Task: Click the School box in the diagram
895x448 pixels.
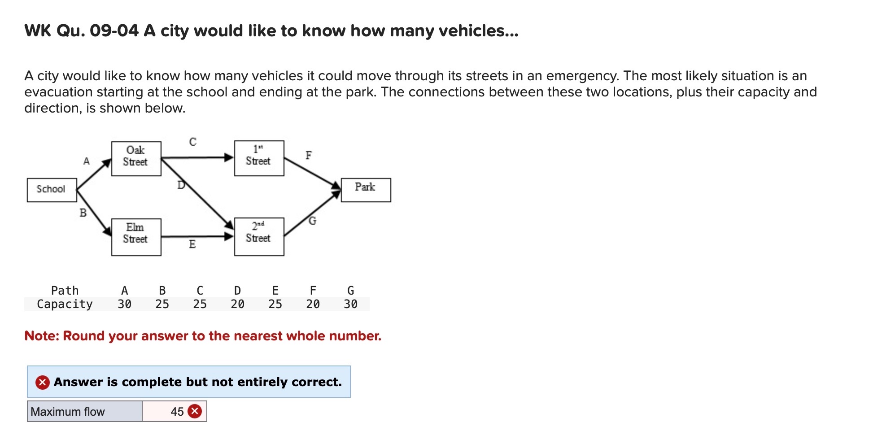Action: [x=52, y=190]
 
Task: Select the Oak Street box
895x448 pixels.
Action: [x=136, y=158]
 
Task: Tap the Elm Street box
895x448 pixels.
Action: [x=136, y=237]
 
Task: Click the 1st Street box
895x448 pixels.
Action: [x=259, y=158]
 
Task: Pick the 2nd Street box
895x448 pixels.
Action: [x=259, y=236]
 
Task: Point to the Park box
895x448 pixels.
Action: [x=366, y=190]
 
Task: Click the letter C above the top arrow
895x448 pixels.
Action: [x=193, y=142]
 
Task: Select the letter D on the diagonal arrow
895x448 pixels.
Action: [x=181, y=185]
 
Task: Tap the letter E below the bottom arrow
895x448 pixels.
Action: [x=192, y=244]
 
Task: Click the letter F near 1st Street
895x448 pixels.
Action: [x=309, y=155]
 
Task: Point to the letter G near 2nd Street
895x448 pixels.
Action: [x=313, y=221]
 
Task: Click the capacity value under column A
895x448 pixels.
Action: [x=124, y=304]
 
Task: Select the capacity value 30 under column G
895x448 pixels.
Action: [x=350, y=304]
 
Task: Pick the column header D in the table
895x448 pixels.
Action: [x=237, y=291]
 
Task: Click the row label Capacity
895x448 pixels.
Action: [x=65, y=304]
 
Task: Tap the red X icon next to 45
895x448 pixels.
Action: [x=195, y=411]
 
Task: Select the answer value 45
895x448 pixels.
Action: [x=177, y=412]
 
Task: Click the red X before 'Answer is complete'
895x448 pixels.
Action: [x=43, y=382]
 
